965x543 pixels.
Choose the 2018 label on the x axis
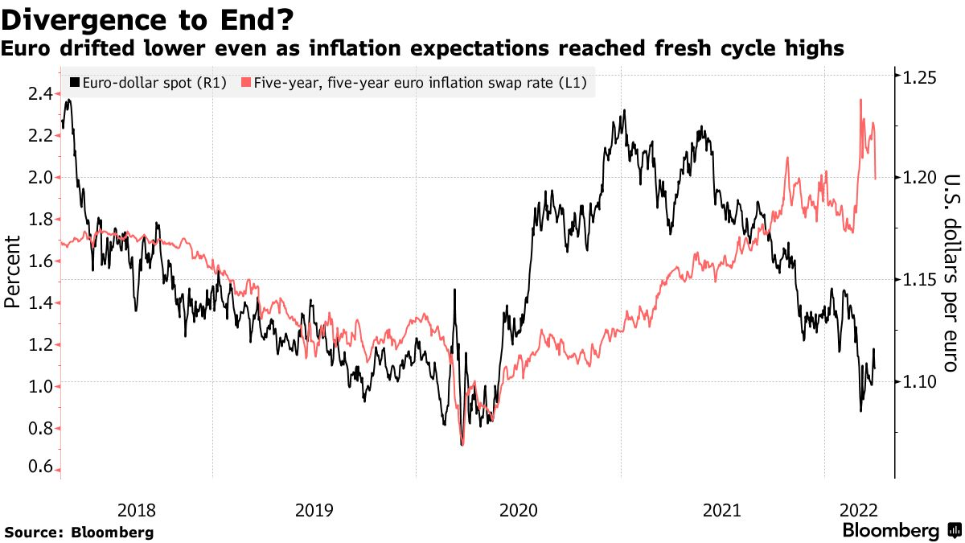(137, 509)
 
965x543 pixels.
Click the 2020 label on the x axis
(519, 509)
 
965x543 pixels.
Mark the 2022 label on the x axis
(860, 509)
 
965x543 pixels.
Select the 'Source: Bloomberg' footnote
(79, 533)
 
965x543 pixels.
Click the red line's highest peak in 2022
(861, 99)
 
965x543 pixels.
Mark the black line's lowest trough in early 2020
(462, 444)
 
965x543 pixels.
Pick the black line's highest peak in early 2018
(69, 100)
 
